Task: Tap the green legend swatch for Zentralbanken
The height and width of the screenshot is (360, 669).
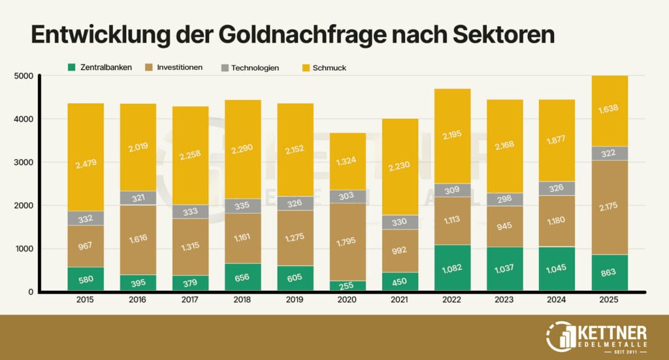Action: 72,67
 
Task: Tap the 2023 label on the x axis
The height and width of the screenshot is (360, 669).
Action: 503,301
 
